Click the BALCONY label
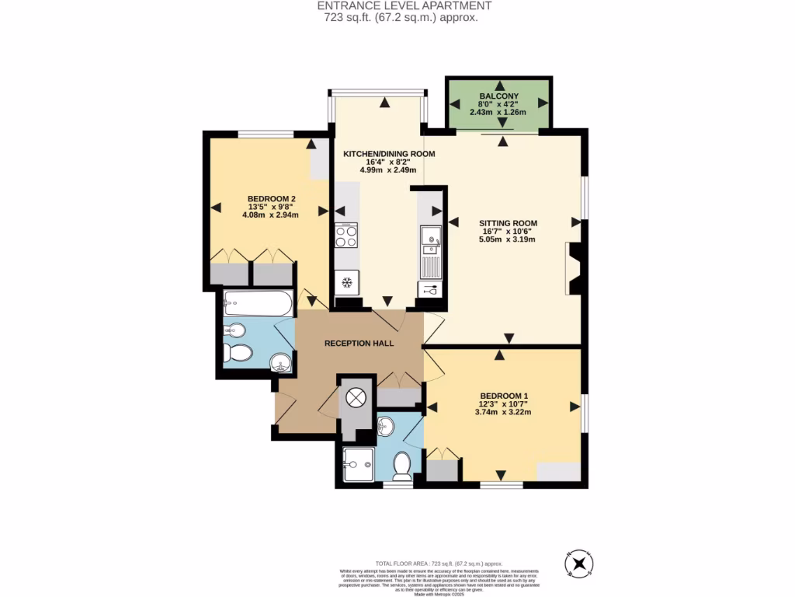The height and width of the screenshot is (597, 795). tap(498, 96)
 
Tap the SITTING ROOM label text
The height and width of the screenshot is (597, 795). tap(508, 223)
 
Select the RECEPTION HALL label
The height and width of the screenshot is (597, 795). tap(359, 343)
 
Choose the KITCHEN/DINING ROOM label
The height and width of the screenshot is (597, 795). tap(389, 154)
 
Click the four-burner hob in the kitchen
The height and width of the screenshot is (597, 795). tap(346, 235)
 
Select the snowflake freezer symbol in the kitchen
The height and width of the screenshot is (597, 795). tap(346, 282)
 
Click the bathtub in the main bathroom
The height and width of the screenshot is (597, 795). tap(258, 302)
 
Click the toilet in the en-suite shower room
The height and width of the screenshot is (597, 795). tap(401, 466)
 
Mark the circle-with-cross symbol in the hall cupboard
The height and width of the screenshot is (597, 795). tap(356, 397)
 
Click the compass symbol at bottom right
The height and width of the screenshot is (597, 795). tap(578, 562)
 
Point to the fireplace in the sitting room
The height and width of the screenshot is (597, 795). tap(574, 268)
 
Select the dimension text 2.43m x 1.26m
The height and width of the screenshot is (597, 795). tap(498, 112)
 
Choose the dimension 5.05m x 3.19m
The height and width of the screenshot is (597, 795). tap(508, 239)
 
